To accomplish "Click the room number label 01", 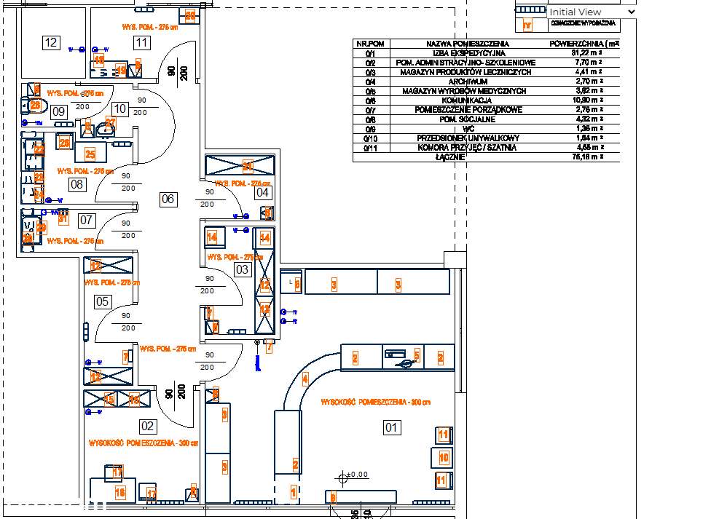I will point(391,427).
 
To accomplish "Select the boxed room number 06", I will point(168,199).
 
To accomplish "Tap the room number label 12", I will point(50,43).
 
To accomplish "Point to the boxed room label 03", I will point(242,270).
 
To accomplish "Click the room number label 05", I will point(102,301).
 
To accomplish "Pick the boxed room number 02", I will point(147,427).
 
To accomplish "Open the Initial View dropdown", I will point(592,12).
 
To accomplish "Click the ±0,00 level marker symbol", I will point(342,478).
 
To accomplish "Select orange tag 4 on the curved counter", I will point(305,379).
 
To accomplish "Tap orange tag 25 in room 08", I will point(90,154).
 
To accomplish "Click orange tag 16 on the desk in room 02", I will point(120,493).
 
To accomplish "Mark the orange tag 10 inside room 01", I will point(444,458).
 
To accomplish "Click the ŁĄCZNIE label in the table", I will point(450,157).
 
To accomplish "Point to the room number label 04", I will point(262,193).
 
